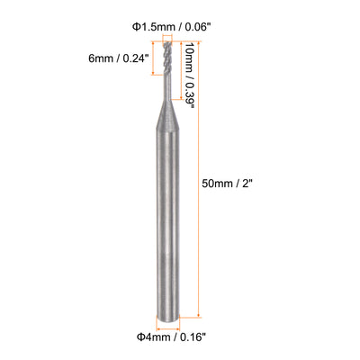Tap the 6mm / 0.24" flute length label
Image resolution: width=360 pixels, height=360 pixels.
tap(119, 58)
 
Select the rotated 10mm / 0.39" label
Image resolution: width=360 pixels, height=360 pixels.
tap(190, 75)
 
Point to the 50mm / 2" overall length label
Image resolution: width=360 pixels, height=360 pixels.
tap(226, 184)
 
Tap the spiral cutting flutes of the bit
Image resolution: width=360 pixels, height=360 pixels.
tap(166, 58)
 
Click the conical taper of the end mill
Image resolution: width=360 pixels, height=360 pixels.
tap(168, 114)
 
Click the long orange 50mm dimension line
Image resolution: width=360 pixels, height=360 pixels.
tap(199, 179)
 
